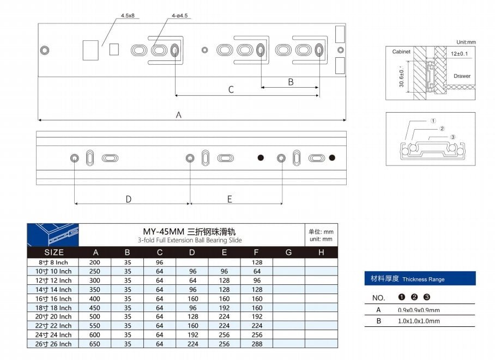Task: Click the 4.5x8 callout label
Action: [128, 15]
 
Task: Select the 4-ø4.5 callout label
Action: [179, 15]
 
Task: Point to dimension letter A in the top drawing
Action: [179, 115]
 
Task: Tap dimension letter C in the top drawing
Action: [231, 90]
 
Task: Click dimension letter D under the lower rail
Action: [129, 199]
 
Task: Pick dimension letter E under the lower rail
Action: [230, 199]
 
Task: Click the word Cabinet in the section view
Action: [401, 51]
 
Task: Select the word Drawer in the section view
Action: [462, 76]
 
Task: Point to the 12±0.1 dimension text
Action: [460, 53]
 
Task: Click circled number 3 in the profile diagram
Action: [453, 137]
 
